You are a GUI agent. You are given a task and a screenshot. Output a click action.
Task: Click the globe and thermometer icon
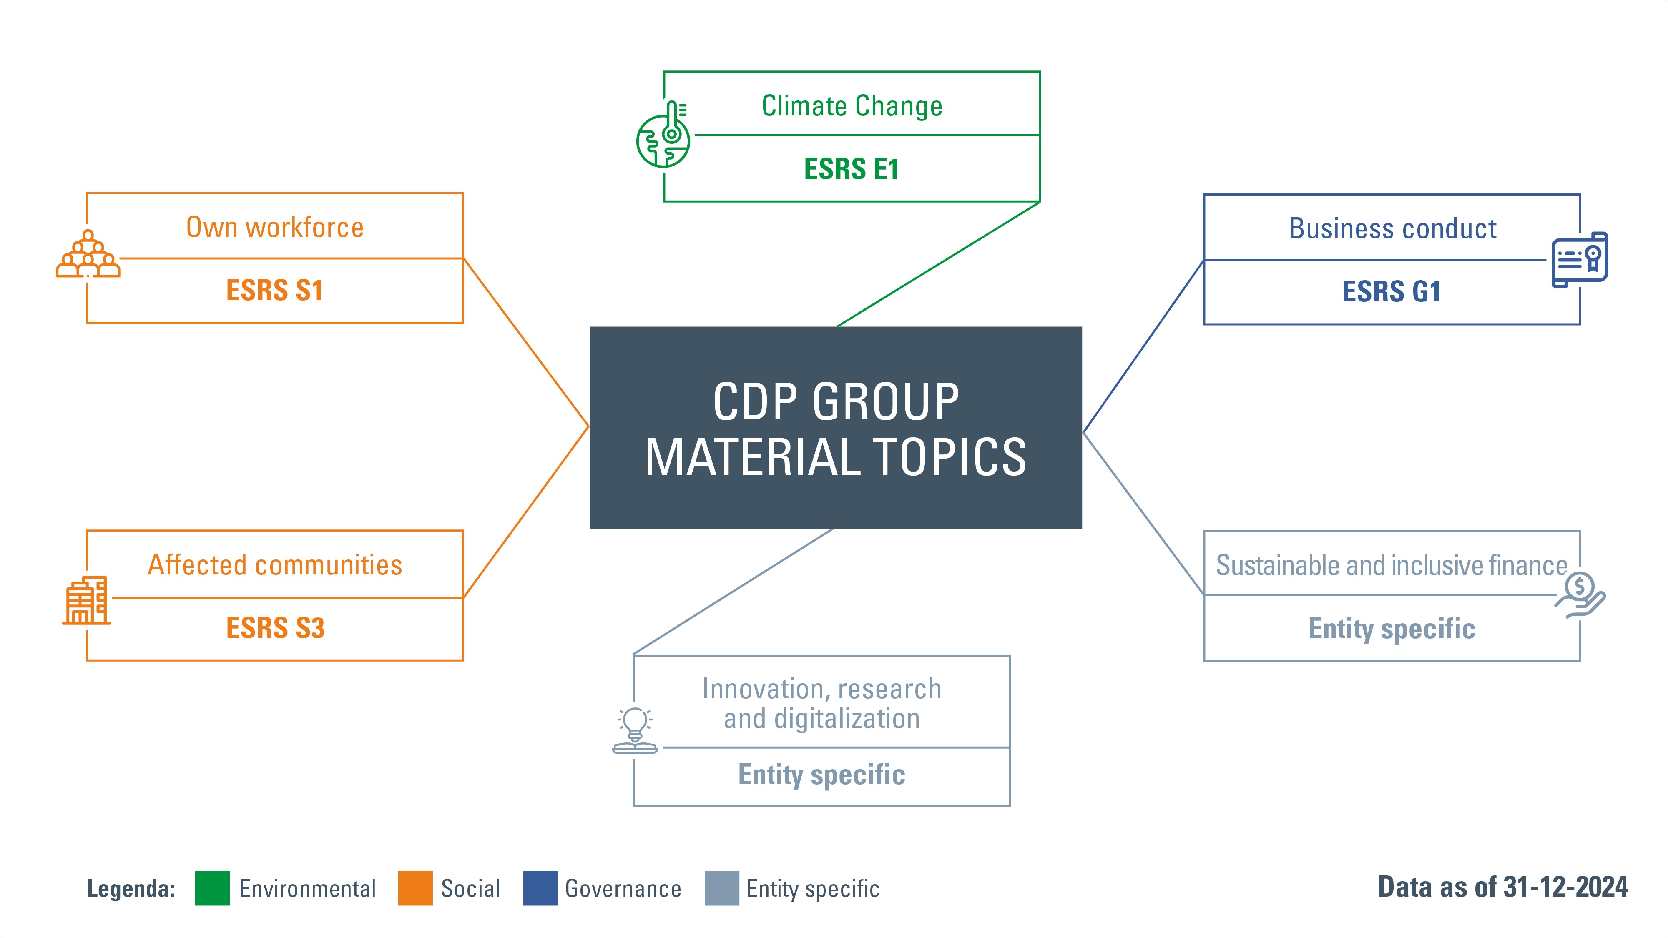coord(663,135)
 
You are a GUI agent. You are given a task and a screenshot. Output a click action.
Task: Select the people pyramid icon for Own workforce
coord(88,254)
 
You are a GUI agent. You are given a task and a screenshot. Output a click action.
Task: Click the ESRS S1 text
coord(274,291)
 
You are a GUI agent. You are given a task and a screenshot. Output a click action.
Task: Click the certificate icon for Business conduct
coord(1579,260)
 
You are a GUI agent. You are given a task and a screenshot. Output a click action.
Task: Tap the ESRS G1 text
coord(1392,292)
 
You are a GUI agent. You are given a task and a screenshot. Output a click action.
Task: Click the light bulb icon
coord(635,730)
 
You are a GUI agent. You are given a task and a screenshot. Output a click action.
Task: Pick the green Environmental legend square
coord(212,888)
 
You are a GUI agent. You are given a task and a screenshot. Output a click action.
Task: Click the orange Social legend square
coord(415,888)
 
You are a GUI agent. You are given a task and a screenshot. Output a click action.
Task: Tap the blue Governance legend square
coord(540,888)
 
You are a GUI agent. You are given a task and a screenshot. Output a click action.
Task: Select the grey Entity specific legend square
coord(721,888)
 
